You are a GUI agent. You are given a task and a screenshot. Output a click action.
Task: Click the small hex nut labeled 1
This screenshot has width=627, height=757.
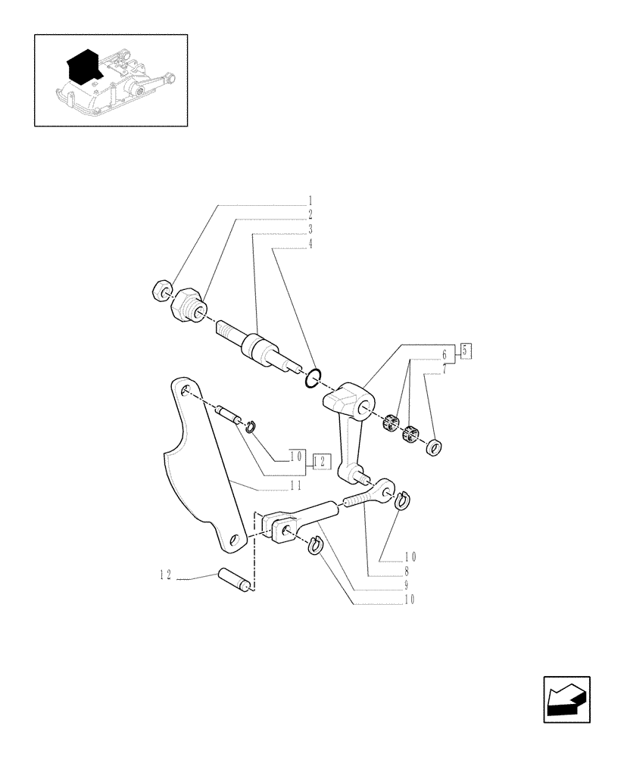pos(162,291)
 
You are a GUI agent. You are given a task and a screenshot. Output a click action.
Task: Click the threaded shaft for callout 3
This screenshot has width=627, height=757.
pos(254,347)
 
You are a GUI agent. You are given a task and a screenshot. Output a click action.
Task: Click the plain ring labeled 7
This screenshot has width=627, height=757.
pos(435,447)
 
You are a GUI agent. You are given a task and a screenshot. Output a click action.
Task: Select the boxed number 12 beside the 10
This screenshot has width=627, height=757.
pos(320,460)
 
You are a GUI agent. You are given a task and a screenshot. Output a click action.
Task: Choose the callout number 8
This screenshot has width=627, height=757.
pos(407,572)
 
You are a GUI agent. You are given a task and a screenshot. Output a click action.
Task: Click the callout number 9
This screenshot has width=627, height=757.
pos(407,585)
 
